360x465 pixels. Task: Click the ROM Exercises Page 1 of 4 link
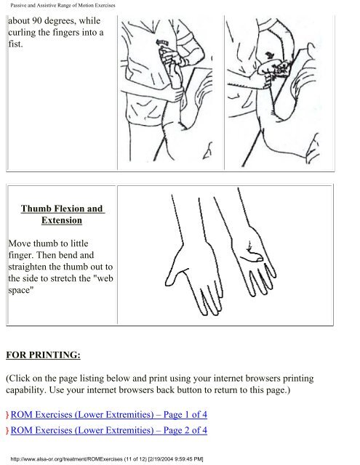point(108,414)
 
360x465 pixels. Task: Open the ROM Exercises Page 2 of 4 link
point(108,430)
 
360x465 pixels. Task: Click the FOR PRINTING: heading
point(44,355)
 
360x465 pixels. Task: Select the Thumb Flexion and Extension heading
point(62,214)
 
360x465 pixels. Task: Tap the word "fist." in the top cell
point(15,44)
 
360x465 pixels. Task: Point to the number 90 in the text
point(37,21)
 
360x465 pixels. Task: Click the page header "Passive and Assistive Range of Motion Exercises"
point(63,5)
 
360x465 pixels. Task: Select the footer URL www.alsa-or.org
point(39,459)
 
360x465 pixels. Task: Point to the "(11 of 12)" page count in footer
point(135,459)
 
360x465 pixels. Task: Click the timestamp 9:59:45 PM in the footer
point(187,459)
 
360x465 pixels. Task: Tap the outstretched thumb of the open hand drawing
point(175,278)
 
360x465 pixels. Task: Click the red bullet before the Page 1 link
point(7,415)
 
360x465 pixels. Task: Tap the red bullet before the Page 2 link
point(7,431)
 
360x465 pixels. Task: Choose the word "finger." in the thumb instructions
point(20,255)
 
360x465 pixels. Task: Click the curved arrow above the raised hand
point(162,43)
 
